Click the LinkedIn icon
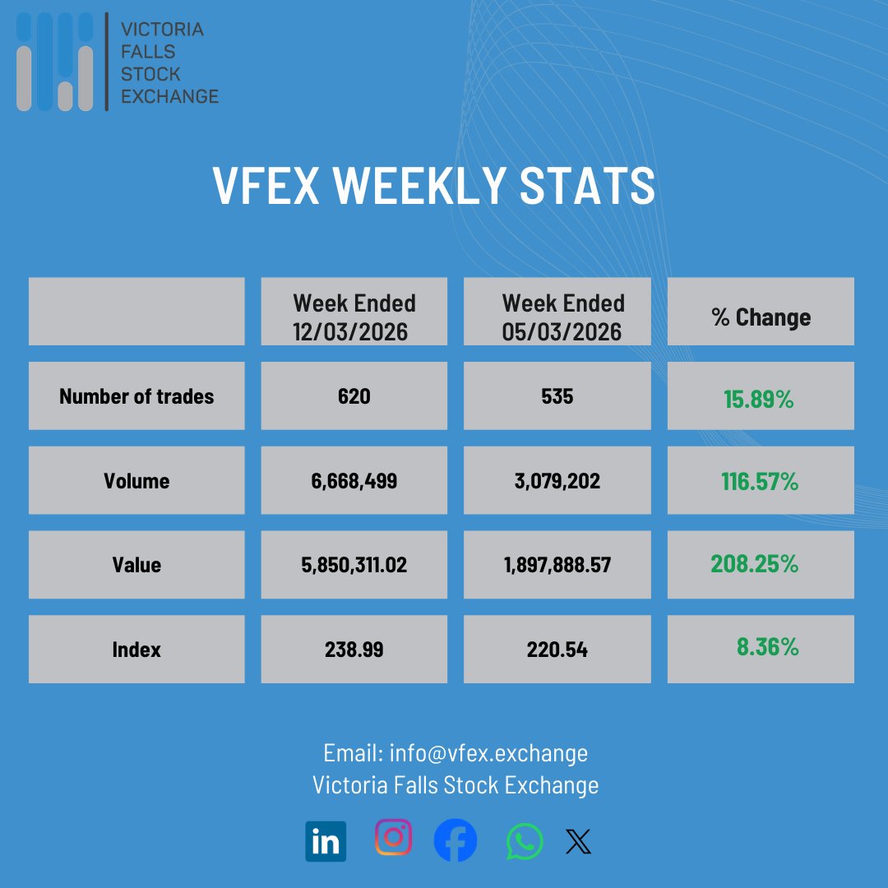pos(326,841)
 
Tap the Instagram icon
pos(393,838)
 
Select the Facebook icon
pos(456,840)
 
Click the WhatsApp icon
pos(525,841)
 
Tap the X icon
pos(579,841)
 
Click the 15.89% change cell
pos(759,400)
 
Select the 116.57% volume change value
pos(760,482)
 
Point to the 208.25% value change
pos(755,564)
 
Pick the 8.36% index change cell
pos(767,647)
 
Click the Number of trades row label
pos(136,396)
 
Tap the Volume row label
pos(136,481)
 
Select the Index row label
pos(136,650)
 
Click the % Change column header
pos(761,317)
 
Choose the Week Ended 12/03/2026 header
pos(354,317)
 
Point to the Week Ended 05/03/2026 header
pos(563,317)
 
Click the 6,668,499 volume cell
pos(354,481)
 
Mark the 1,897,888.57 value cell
pos(557,565)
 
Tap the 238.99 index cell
pos(354,650)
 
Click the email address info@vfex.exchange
pos(488,753)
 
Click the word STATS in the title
pos(587,186)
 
